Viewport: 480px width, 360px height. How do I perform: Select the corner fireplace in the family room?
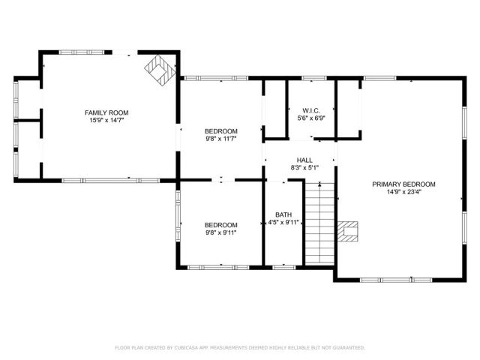click(157, 69)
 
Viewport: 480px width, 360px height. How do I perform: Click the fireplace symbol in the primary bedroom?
click(348, 232)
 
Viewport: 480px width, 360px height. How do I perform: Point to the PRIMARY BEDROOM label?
click(403, 184)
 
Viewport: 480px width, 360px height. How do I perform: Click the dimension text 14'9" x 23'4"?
click(403, 192)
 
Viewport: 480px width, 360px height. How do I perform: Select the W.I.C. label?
click(312, 109)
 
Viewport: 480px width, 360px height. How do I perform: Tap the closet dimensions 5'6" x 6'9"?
click(312, 118)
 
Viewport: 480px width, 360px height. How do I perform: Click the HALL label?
click(304, 160)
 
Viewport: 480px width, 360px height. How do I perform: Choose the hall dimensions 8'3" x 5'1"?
click(304, 168)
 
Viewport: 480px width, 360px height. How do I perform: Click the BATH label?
click(283, 214)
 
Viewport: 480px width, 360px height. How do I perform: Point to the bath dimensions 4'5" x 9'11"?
click(283, 223)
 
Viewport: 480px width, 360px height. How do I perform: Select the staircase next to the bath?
click(318, 225)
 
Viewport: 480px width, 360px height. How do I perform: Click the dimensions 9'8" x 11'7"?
click(221, 139)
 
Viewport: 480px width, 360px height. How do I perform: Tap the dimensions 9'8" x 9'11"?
click(221, 232)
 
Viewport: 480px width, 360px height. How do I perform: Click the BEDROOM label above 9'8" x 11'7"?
click(221, 130)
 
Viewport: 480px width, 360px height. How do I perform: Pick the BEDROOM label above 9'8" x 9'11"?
click(221, 224)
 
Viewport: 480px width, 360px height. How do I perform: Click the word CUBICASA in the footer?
click(188, 348)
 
